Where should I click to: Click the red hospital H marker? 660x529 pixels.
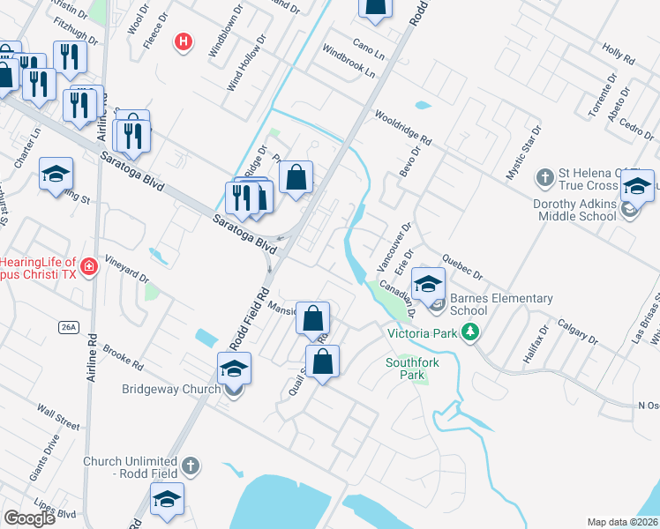[184, 41]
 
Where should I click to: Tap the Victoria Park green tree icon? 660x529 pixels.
[473, 332]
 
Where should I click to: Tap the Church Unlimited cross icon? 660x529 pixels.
[191, 465]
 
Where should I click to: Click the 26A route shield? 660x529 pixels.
[70, 327]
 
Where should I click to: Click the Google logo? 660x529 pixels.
[29, 518]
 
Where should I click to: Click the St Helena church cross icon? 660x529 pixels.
[544, 177]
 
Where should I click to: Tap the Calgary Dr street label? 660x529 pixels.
[577, 332]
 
